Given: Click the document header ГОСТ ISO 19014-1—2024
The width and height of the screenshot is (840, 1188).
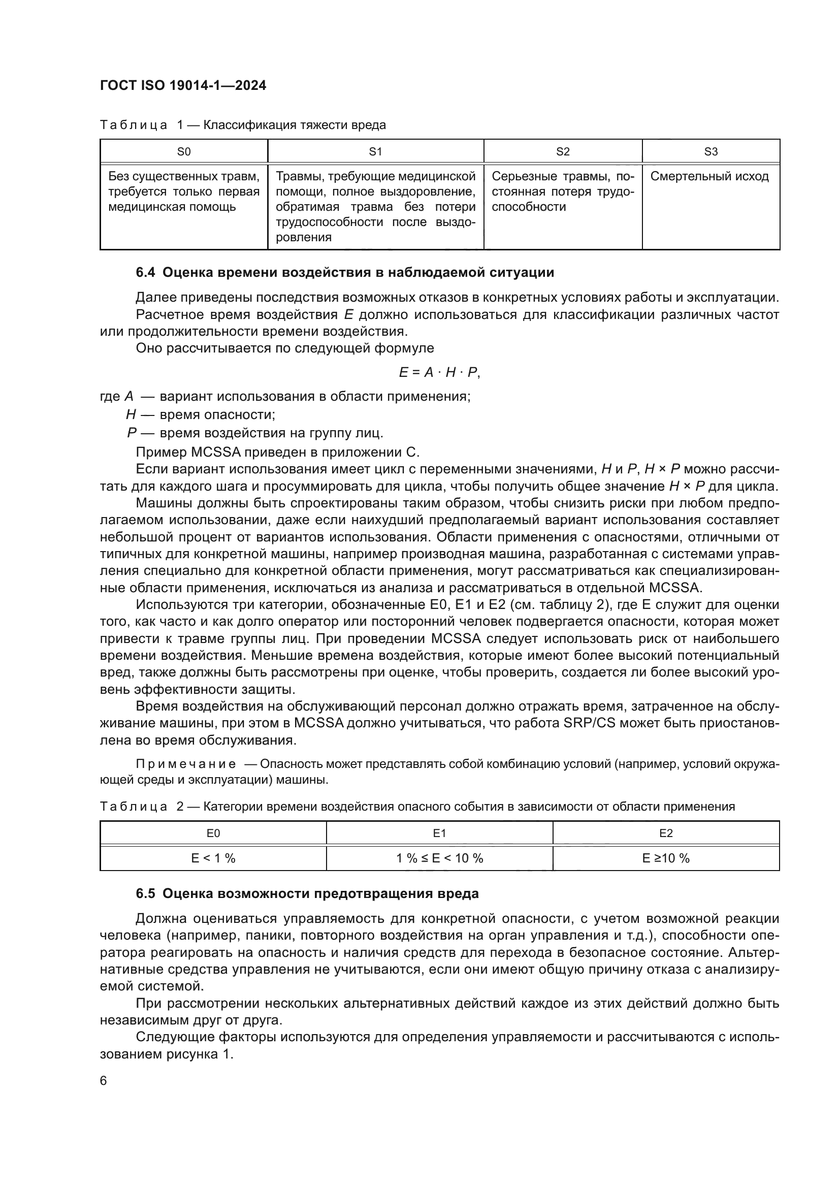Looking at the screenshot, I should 183,86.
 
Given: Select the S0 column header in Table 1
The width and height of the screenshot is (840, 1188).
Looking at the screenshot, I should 184,151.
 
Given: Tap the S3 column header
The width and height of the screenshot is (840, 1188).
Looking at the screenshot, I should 710,151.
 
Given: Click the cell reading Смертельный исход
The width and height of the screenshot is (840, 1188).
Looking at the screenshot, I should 709,176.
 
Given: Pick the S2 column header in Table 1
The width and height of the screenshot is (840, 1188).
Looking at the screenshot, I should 562,151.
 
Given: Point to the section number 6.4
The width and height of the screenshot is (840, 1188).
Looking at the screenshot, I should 145,273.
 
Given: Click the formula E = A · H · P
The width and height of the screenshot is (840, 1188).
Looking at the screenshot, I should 439,372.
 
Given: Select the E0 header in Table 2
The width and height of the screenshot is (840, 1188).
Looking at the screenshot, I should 213,833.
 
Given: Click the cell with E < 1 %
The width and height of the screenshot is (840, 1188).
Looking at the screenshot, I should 213,858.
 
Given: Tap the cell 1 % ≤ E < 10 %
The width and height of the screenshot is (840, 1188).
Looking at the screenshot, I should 439,858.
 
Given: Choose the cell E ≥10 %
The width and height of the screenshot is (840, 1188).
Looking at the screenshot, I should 666,858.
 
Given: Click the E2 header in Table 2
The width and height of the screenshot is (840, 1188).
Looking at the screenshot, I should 666,833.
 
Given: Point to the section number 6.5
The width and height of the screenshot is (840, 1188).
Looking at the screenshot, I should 145,893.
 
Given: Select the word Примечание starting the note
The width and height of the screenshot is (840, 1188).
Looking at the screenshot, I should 186,764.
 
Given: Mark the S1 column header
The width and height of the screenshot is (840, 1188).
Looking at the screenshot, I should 375,151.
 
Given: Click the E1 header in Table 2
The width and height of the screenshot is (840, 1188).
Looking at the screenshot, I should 439,833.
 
